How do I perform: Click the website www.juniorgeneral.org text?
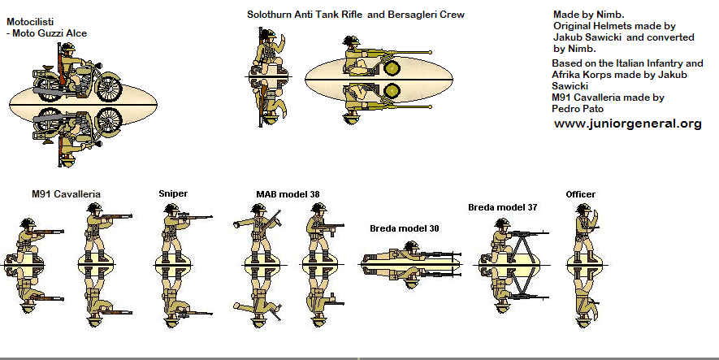point(628,124)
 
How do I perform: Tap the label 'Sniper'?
point(173,193)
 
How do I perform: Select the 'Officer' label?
point(580,194)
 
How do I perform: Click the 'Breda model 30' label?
point(405,228)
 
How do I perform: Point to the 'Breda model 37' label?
point(502,207)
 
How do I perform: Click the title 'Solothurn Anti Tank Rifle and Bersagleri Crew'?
point(356,15)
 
